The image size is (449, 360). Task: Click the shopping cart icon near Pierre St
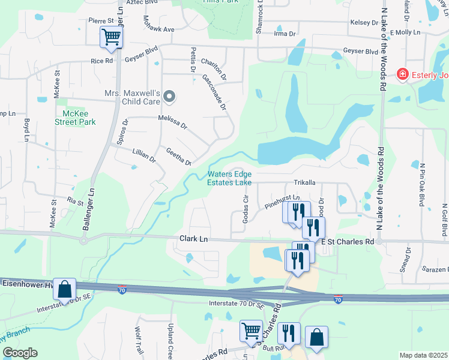pyautogui.click(x=111, y=38)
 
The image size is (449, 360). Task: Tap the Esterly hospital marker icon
pyautogui.click(x=402, y=74)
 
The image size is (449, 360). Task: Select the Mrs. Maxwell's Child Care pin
pyautogui.click(x=169, y=96)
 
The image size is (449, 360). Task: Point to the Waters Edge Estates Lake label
pyautogui.click(x=229, y=178)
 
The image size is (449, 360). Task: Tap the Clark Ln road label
pyautogui.click(x=193, y=239)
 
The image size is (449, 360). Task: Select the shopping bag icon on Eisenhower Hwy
pyautogui.click(x=64, y=289)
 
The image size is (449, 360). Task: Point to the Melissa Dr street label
pyautogui.click(x=173, y=122)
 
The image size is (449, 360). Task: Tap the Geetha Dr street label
pyautogui.click(x=178, y=157)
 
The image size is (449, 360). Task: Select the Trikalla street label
pyautogui.click(x=305, y=182)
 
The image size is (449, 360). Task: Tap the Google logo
pyautogui.click(x=20, y=353)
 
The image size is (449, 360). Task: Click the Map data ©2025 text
pyautogui.click(x=423, y=355)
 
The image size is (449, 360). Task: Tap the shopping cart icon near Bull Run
pyautogui.click(x=250, y=331)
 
